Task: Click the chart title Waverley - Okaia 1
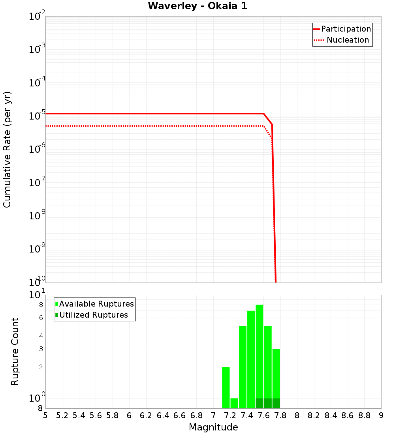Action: [x=197, y=6]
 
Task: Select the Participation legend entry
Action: [x=346, y=29]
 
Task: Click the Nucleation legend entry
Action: [x=348, y=40]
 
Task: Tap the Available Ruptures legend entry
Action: [x=96, y=304]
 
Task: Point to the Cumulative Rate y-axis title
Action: [x=8, y=150]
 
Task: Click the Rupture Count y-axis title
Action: [x=15, y=352]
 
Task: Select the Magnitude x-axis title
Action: [x=213, y=427]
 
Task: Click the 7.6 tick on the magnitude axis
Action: [x=264, y=415]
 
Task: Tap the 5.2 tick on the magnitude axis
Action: [x=62, y=415]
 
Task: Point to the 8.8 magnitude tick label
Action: [x=364, y=415]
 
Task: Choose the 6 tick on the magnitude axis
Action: [x=129, y=415]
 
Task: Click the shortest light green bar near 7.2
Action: [x=234, y=403]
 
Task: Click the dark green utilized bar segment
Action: [x=268, y=403]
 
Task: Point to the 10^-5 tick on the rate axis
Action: [x=37, y=116]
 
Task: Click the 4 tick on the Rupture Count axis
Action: [x=41, y=336]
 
